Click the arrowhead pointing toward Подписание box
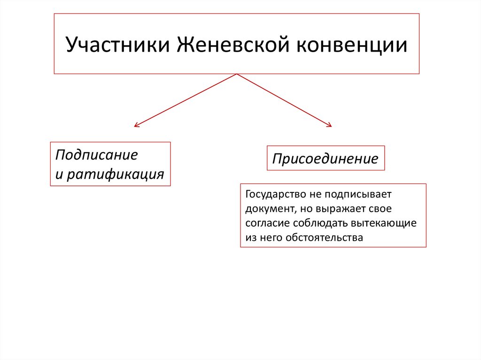[136, 125]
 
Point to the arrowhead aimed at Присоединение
[329, 125]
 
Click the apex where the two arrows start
[237, 74]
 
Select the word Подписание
[96, 155]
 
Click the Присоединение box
[326, 159]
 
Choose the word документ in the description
[265, 208]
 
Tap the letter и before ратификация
[59, 175]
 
